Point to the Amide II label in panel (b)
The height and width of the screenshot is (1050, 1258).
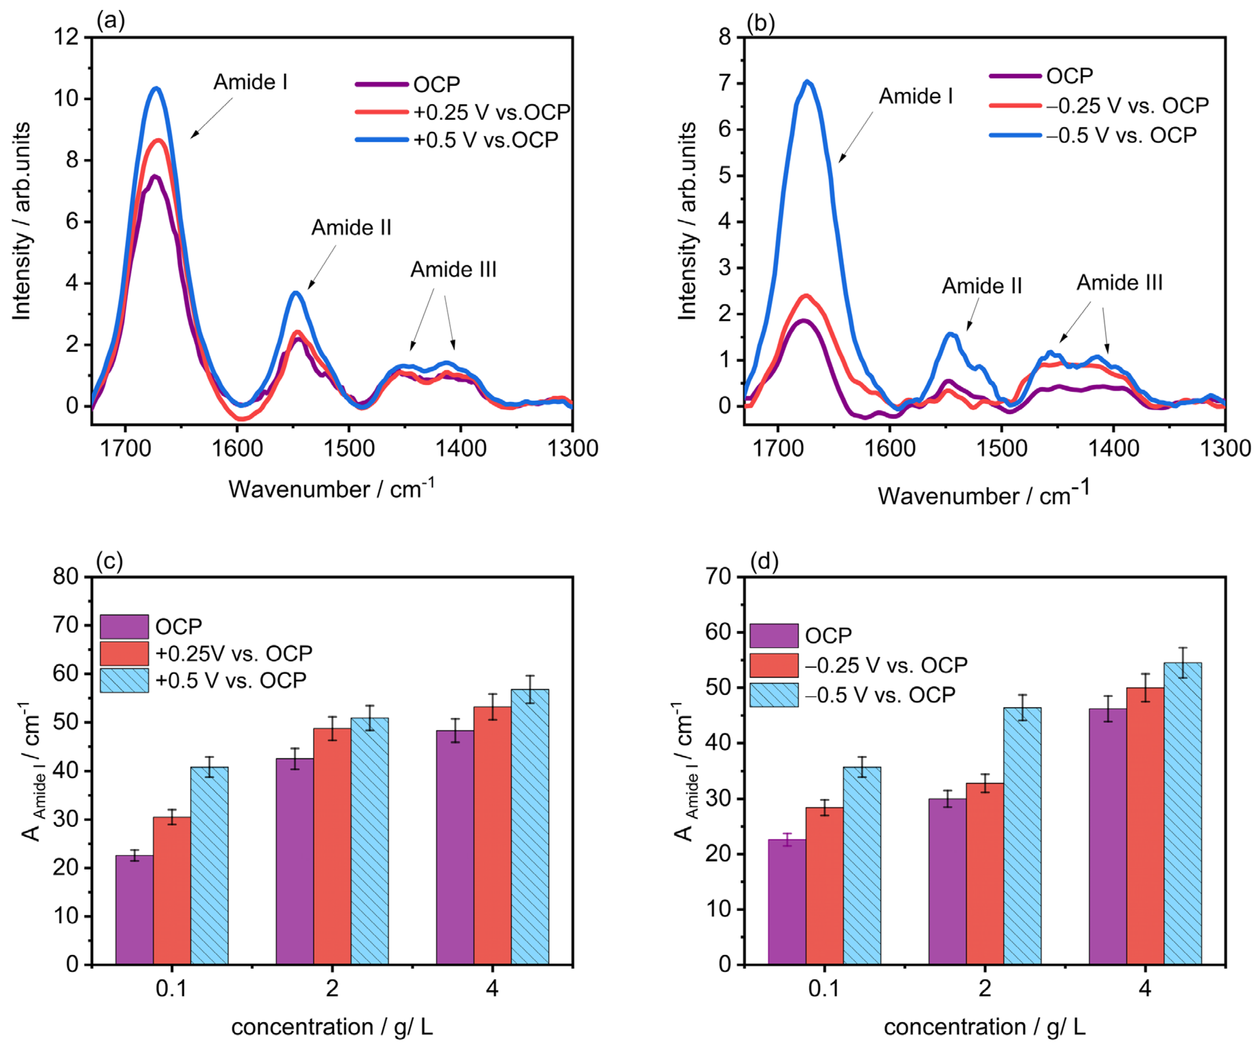[982, 286]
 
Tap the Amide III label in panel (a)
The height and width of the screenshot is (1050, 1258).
[453, 270]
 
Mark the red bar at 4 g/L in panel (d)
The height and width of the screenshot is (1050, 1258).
[1145, 826]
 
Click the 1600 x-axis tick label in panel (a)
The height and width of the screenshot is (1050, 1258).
[237, 448]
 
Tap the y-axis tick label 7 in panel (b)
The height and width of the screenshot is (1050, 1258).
[725, 83]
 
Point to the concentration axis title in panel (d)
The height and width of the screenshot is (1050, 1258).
[984, 1027]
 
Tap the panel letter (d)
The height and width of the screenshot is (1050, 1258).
[764, 561]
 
